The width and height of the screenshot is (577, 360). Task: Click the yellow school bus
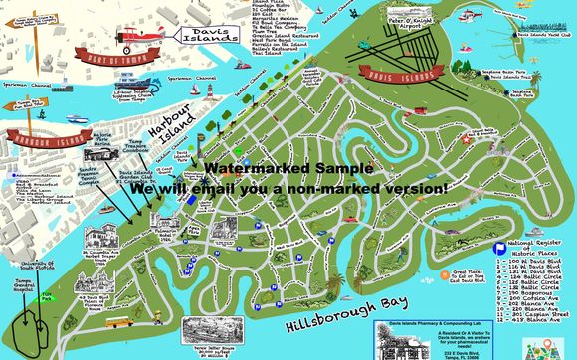116,323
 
